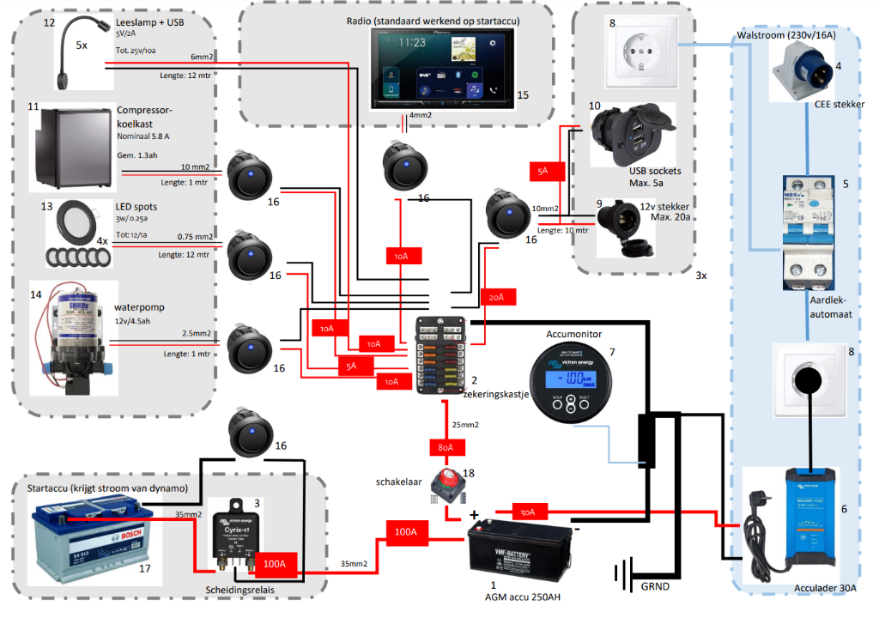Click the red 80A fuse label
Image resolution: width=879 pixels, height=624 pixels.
pyautogui.click(x=446, y=449)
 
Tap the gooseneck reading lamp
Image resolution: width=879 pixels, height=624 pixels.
pyautogui.click(x=72, y=51)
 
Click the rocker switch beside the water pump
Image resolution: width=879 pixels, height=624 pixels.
pyautogui.click(x=249, y=345)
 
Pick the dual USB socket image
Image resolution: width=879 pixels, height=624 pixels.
pyautogui.click(x=628, y=135)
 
